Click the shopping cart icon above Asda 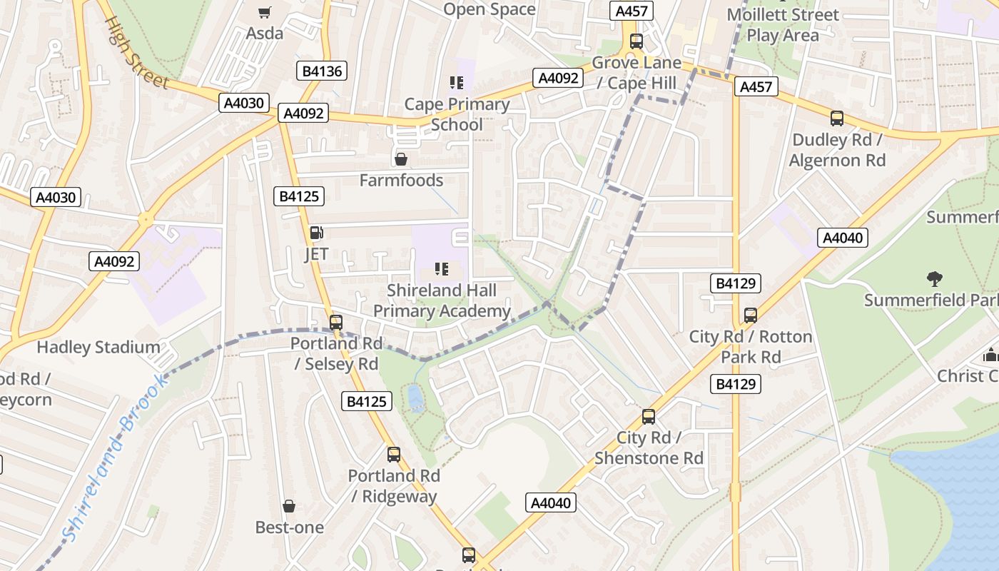click(x=264, y=12)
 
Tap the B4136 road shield click(x=321, y=71)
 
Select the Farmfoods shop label click(x=401, y=181)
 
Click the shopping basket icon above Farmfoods click(x=401, y=159)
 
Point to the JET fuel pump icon click(x=316, y=233)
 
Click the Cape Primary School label click(x=457, y=114)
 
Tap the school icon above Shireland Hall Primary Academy click(x=442, y=269)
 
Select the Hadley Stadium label click(x=98, y=348)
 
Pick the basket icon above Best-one click(x=289, y=507)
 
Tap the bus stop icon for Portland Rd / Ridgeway click(x=393, y=454)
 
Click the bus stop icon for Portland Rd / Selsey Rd click(x=336, y=322)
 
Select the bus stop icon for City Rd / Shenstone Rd click(x=649, y=416)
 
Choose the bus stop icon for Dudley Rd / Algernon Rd click(x=837, y=118)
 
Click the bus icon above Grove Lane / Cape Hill click(x=636, y=41)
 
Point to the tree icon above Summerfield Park click(x=934, y=278)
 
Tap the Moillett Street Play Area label click(x=783, y=24)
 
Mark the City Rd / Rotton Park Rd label click(x=751, y=346)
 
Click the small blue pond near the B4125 click(x=414, y=398)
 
